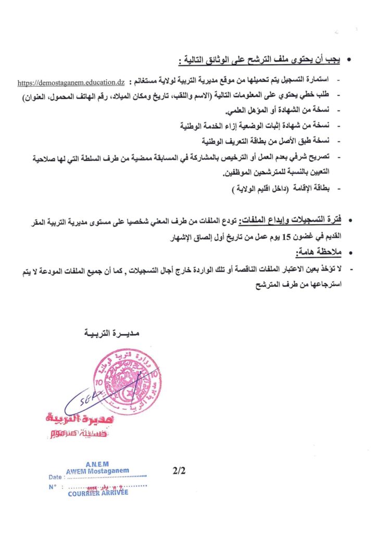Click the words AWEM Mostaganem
click(97, 471)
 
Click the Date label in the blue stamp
click(55, 477)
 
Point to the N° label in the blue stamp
click(53, 487)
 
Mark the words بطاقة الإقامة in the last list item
click(314, 189)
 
